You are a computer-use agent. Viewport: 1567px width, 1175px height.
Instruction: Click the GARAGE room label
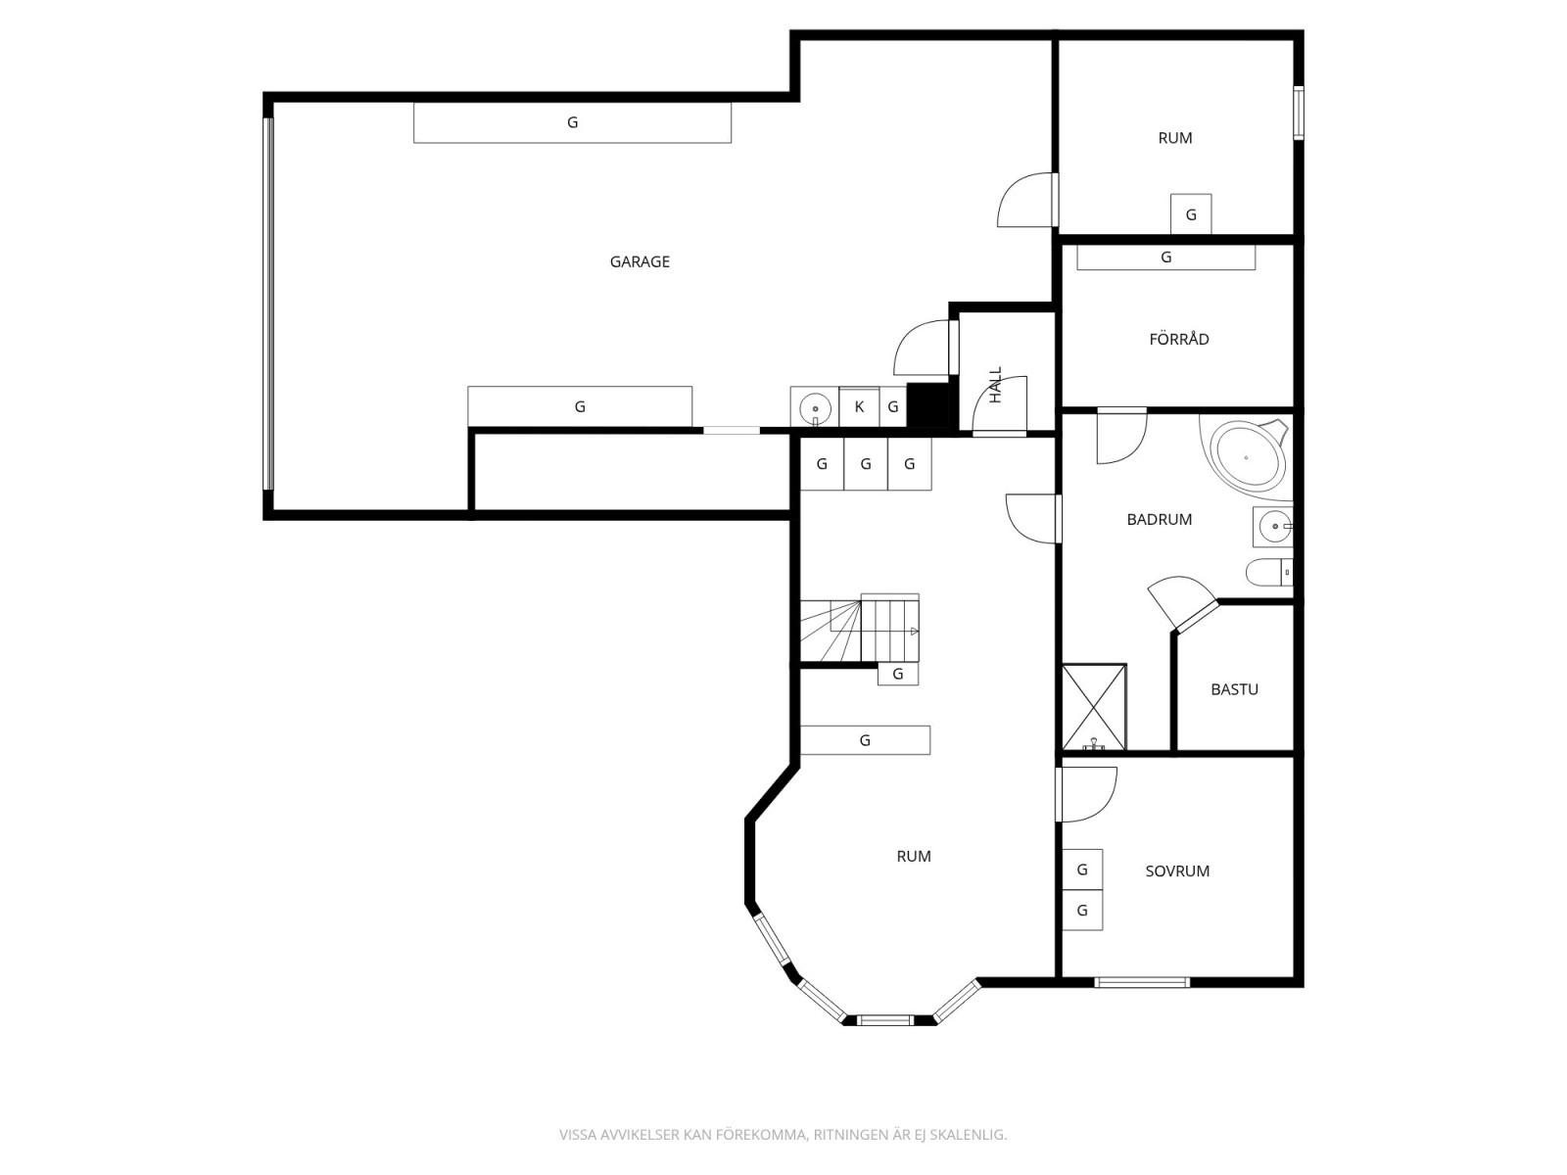coord(639,261)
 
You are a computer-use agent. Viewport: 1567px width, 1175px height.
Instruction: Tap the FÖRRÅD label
coord(1178,338)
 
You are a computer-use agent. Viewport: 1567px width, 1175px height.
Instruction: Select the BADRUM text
coord(1159,519)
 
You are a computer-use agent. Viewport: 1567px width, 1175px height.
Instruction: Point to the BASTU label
coord(1234,689)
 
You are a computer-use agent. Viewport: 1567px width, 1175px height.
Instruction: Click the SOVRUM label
coord(1177,871)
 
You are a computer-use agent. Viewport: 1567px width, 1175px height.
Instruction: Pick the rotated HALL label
coord(996,385)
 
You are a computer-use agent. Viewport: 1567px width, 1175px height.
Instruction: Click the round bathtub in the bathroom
coord(1247,456)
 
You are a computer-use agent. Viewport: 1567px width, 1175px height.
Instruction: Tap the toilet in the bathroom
coord(1269,572)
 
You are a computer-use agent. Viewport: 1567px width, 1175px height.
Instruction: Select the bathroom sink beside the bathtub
coord(1273,527)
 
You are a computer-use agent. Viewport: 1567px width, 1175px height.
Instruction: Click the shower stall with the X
coord(1094,708)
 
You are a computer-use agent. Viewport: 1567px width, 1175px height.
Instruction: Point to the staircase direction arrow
coord(914,632)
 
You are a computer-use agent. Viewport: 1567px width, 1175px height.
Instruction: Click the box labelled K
coord(859,406)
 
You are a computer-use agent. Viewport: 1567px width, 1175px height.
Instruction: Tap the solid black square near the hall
coord(927,405)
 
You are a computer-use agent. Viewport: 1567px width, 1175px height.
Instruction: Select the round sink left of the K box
coord(815,407)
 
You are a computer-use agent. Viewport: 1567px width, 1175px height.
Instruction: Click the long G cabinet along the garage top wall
coord(572,122)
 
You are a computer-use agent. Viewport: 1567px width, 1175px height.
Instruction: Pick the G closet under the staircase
coord(898,674)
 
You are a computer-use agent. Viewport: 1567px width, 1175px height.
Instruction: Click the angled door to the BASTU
coord(1182,604)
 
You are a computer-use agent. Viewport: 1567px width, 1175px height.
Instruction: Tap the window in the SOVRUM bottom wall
coord(1142,982)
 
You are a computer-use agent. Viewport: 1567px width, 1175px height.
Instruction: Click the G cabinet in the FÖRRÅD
coord(1165,258)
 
